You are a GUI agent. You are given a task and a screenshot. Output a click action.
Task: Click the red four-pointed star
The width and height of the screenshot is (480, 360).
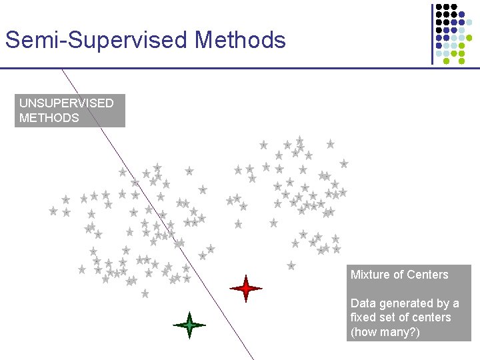(246, 289)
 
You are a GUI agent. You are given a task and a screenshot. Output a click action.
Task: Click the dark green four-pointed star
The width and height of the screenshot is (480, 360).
(189, 325)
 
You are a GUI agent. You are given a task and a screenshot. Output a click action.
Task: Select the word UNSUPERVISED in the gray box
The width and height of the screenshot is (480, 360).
(66, 103)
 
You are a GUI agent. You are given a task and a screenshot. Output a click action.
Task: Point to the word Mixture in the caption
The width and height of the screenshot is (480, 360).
(370, 275)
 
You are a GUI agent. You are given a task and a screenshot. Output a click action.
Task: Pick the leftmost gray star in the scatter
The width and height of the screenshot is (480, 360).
(53, 211)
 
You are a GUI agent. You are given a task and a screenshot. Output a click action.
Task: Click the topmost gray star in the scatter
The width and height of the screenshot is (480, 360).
(300, 140)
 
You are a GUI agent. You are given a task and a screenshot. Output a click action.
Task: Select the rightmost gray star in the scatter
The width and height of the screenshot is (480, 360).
(344, 163)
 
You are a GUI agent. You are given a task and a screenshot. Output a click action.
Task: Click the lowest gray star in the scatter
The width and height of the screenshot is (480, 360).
(145, 293)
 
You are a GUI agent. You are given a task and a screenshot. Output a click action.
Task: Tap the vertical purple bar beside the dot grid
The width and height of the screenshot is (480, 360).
(431, 33)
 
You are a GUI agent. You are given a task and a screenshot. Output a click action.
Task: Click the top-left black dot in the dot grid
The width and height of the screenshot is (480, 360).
(439, 6)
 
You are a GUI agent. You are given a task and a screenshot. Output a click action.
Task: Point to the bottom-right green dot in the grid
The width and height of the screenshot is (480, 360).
(461, 61)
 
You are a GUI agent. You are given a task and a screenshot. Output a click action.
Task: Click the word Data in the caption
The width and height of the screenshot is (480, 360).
(363, 303)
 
